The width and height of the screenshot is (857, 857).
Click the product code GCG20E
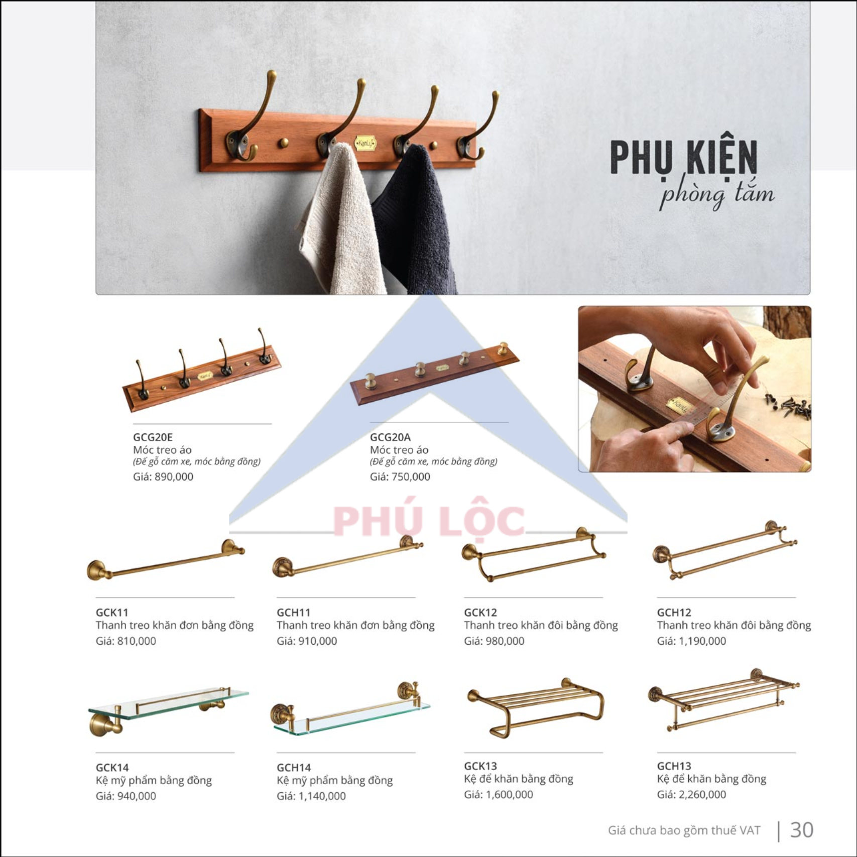(153, 437)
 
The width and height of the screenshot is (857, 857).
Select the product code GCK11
(112, 613)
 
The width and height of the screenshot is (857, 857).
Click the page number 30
(801, 830)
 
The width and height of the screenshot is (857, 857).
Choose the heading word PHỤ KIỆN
(684, 158)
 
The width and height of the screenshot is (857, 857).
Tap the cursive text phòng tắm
(717, 195)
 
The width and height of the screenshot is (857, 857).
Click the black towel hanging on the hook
(416, 221)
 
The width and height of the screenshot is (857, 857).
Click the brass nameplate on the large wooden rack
(365, 144)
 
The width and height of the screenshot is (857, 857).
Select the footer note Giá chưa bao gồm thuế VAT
(684, 830)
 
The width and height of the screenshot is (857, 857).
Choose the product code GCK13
(480, 766)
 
